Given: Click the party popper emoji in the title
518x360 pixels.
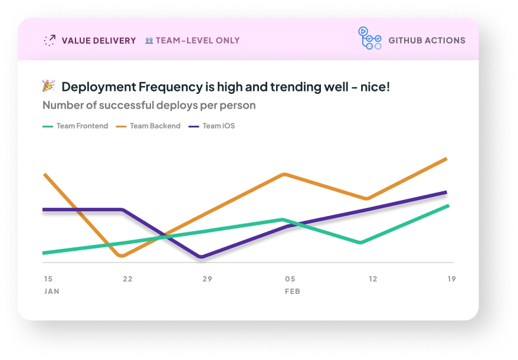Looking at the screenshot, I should click(x=48, y=86).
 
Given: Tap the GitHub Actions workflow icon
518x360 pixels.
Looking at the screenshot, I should click(x=369, y=38).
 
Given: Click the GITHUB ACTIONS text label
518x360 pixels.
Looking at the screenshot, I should click(x=427, y=41).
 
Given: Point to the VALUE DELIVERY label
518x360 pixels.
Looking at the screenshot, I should click(x=99, y=41).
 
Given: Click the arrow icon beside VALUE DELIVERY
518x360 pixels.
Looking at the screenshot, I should click(x=50, y=40).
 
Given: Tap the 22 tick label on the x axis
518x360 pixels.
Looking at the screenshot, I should click(x=127, y=279).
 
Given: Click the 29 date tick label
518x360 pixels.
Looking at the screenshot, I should click(x=207, y=279).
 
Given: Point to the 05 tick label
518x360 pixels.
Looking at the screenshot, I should click(x=290, y=279).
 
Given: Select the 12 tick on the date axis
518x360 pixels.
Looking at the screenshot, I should click(x=372, y=279).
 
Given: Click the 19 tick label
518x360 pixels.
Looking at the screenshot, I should click(x=451, y=279).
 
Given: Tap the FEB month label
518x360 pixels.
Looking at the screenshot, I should click(x=292, y=292).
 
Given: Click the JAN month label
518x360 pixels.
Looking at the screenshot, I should click(x=51, y=292).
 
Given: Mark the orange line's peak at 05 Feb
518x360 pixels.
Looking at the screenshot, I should click(x=285, y=175).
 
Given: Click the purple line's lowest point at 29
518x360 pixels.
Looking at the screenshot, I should click(x=202, y=257).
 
